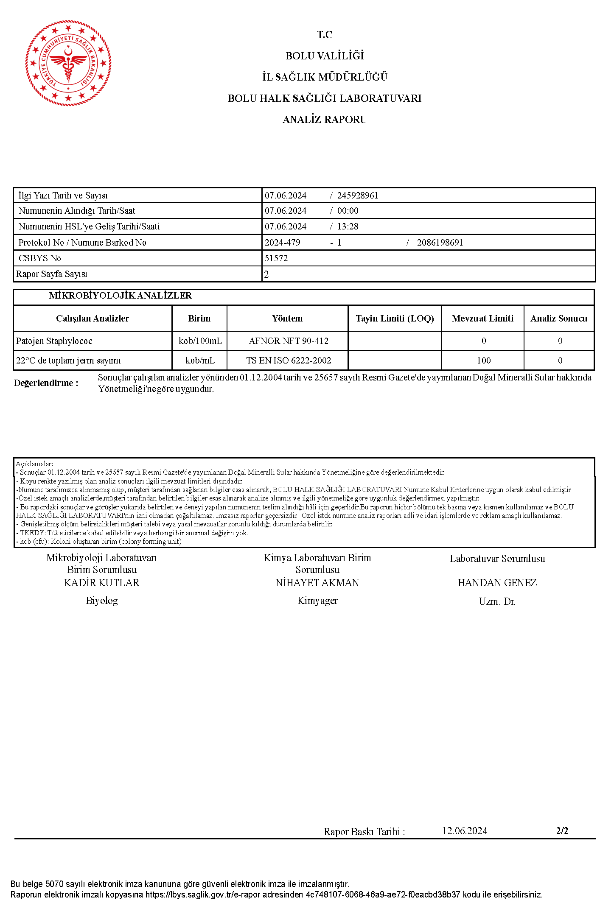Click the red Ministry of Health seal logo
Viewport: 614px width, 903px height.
click(x=68, y=63)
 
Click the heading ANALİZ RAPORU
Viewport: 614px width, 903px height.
click(x=325, y=120)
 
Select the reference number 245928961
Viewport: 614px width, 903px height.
click(x=357, y=196)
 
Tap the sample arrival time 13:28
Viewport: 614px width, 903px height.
click(x=348, y=226)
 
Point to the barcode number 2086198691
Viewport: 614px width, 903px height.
click(x=440, y=243)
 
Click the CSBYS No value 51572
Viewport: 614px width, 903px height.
click(x=276, y=258)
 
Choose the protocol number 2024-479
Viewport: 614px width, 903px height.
click(x=283, y=243)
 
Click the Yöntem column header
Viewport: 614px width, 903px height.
click(x=287, y=319)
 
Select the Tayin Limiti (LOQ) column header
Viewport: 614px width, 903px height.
click(x=395, y=319)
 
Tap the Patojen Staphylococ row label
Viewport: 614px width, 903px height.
click(x=54, y=341)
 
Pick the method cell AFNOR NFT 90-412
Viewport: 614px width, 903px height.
click(x=289, y=341)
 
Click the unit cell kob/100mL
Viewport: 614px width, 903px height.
click(x=200, y=341)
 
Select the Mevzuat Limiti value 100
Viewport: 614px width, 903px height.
click(x=483, y=361)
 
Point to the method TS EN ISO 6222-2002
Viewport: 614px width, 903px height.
click(x=289, y=361)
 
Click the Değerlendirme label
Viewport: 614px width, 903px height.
click(x=46, y=383)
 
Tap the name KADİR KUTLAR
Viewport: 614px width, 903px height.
click(x=102, y=583)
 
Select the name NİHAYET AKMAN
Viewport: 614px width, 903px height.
click(x=317, y=583)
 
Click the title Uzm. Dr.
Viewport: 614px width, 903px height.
click(x=497, y=601)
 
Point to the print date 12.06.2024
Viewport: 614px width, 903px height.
click(x=465, y=831)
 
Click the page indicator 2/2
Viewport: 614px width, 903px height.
click(x=562, y=831)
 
